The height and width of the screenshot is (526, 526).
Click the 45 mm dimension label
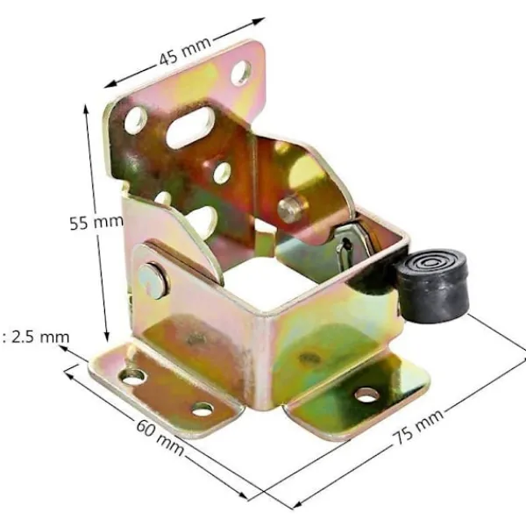pyautogui.click(x=185, y=51)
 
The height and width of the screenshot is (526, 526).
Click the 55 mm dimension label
pyautogui.click(x=96, y=222)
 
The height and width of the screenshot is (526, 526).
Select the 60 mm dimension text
pyautogui.click(x=160, y=437)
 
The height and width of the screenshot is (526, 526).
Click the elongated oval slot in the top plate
pyautogui.click(x=190, y=126)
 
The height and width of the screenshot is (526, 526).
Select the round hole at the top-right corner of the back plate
pyautogui.click(x=241, y=72)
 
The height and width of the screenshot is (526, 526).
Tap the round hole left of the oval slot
pyautogui.click(x=136, y=120)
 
